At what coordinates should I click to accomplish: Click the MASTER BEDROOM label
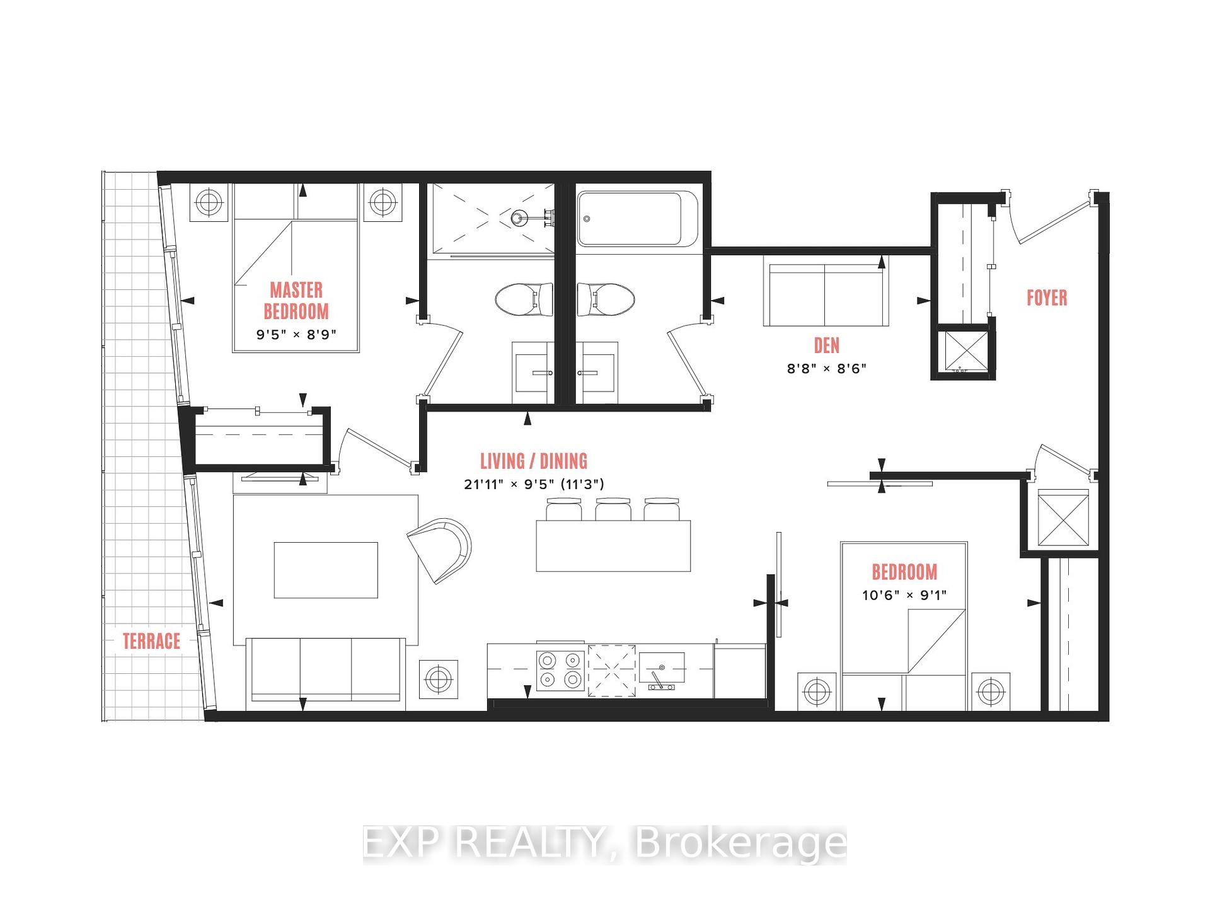point(296,301)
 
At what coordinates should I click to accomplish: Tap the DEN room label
point(826,345)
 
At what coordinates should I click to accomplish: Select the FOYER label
point(1047,298)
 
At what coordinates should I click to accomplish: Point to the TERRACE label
point(151,641)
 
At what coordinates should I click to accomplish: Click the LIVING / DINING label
point(534,461)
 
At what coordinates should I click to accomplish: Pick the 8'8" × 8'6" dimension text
point(826,369)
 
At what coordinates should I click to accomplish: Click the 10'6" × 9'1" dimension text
point(904,595)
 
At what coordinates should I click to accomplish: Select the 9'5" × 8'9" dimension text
point(296,335)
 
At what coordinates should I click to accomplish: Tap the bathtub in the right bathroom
point(638,219)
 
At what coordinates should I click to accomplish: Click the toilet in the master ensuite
point(524,300)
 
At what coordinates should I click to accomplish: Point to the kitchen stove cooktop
point(560,669)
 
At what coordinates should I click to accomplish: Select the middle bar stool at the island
point(613,509)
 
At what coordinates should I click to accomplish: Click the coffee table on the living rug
point(326,570)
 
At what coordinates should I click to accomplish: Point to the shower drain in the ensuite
point(519,218)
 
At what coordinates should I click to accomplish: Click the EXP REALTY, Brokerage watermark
point(605,843)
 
